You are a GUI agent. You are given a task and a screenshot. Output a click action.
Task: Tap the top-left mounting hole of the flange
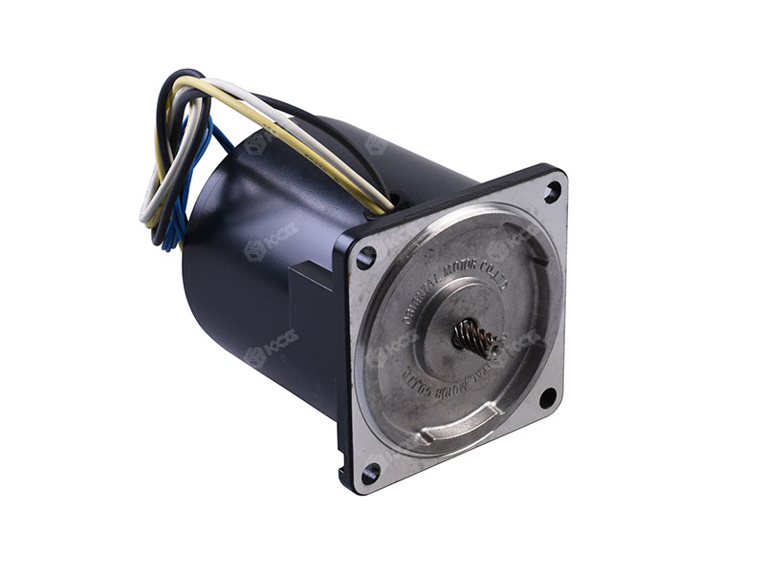click(366, 256)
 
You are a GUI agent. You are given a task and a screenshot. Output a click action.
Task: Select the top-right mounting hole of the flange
click(552, 190)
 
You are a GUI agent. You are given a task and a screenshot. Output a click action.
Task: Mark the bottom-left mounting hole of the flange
click(370, 471)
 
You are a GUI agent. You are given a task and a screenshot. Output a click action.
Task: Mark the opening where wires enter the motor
click(395, 203)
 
